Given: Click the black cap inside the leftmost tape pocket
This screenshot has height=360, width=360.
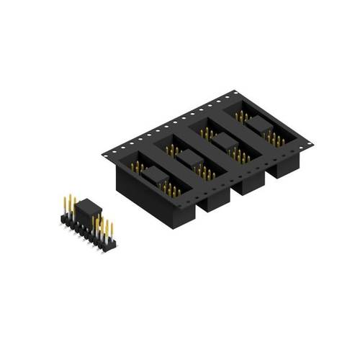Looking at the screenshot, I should click(x=153, y=174).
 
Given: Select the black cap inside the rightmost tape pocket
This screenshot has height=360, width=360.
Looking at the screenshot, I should click(x=259, y=124).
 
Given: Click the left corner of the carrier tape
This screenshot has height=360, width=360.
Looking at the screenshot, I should click(x=104, y=153).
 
